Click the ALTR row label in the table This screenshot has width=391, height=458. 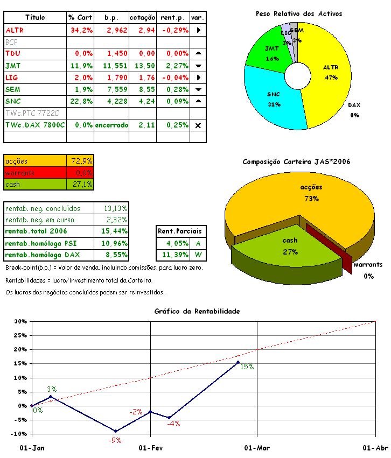tap(14, 30)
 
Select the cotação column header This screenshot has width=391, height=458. tap(143, 18)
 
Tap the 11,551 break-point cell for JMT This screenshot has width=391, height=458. tap(111, 66)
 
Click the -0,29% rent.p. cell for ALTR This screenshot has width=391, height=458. tap(173, 30)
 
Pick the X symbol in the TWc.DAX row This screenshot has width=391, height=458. tap(198, 125)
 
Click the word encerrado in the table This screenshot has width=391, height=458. tap(111, 125)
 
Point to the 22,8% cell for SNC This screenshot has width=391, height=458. tap(80, 101)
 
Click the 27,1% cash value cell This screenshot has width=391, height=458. tap(81, 184)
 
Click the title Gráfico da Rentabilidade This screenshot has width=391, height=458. tap(197, 311)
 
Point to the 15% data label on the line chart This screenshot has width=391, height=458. tap(247, 367)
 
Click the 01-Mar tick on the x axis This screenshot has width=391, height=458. tap(257, 448)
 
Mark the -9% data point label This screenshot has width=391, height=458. tap(115, 440)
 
